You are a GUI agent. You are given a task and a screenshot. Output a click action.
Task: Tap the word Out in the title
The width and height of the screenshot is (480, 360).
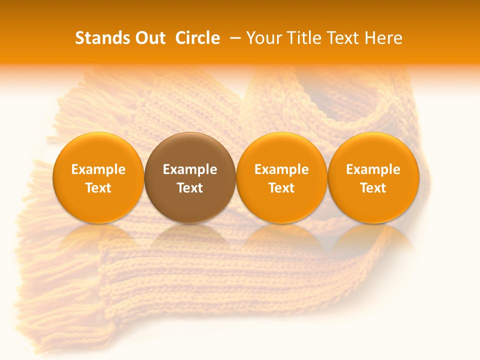point(149,38)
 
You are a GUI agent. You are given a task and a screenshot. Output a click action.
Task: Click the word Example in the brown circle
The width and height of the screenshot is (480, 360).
point(190,169)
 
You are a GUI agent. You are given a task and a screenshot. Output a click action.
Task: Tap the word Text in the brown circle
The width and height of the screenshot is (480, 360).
point(190,188)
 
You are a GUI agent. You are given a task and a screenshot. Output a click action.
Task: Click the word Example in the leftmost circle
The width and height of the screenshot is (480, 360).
point(98,169)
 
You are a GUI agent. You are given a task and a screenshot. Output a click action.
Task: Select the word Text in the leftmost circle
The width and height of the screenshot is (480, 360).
point(98,188)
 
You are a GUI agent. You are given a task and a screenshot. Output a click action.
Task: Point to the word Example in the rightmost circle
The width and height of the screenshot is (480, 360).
point(373,169)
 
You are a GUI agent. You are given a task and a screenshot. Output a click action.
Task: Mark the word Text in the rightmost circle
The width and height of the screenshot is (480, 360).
point(373,188)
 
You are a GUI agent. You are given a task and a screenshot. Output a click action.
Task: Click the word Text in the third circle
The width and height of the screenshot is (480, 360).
point(281,188)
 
